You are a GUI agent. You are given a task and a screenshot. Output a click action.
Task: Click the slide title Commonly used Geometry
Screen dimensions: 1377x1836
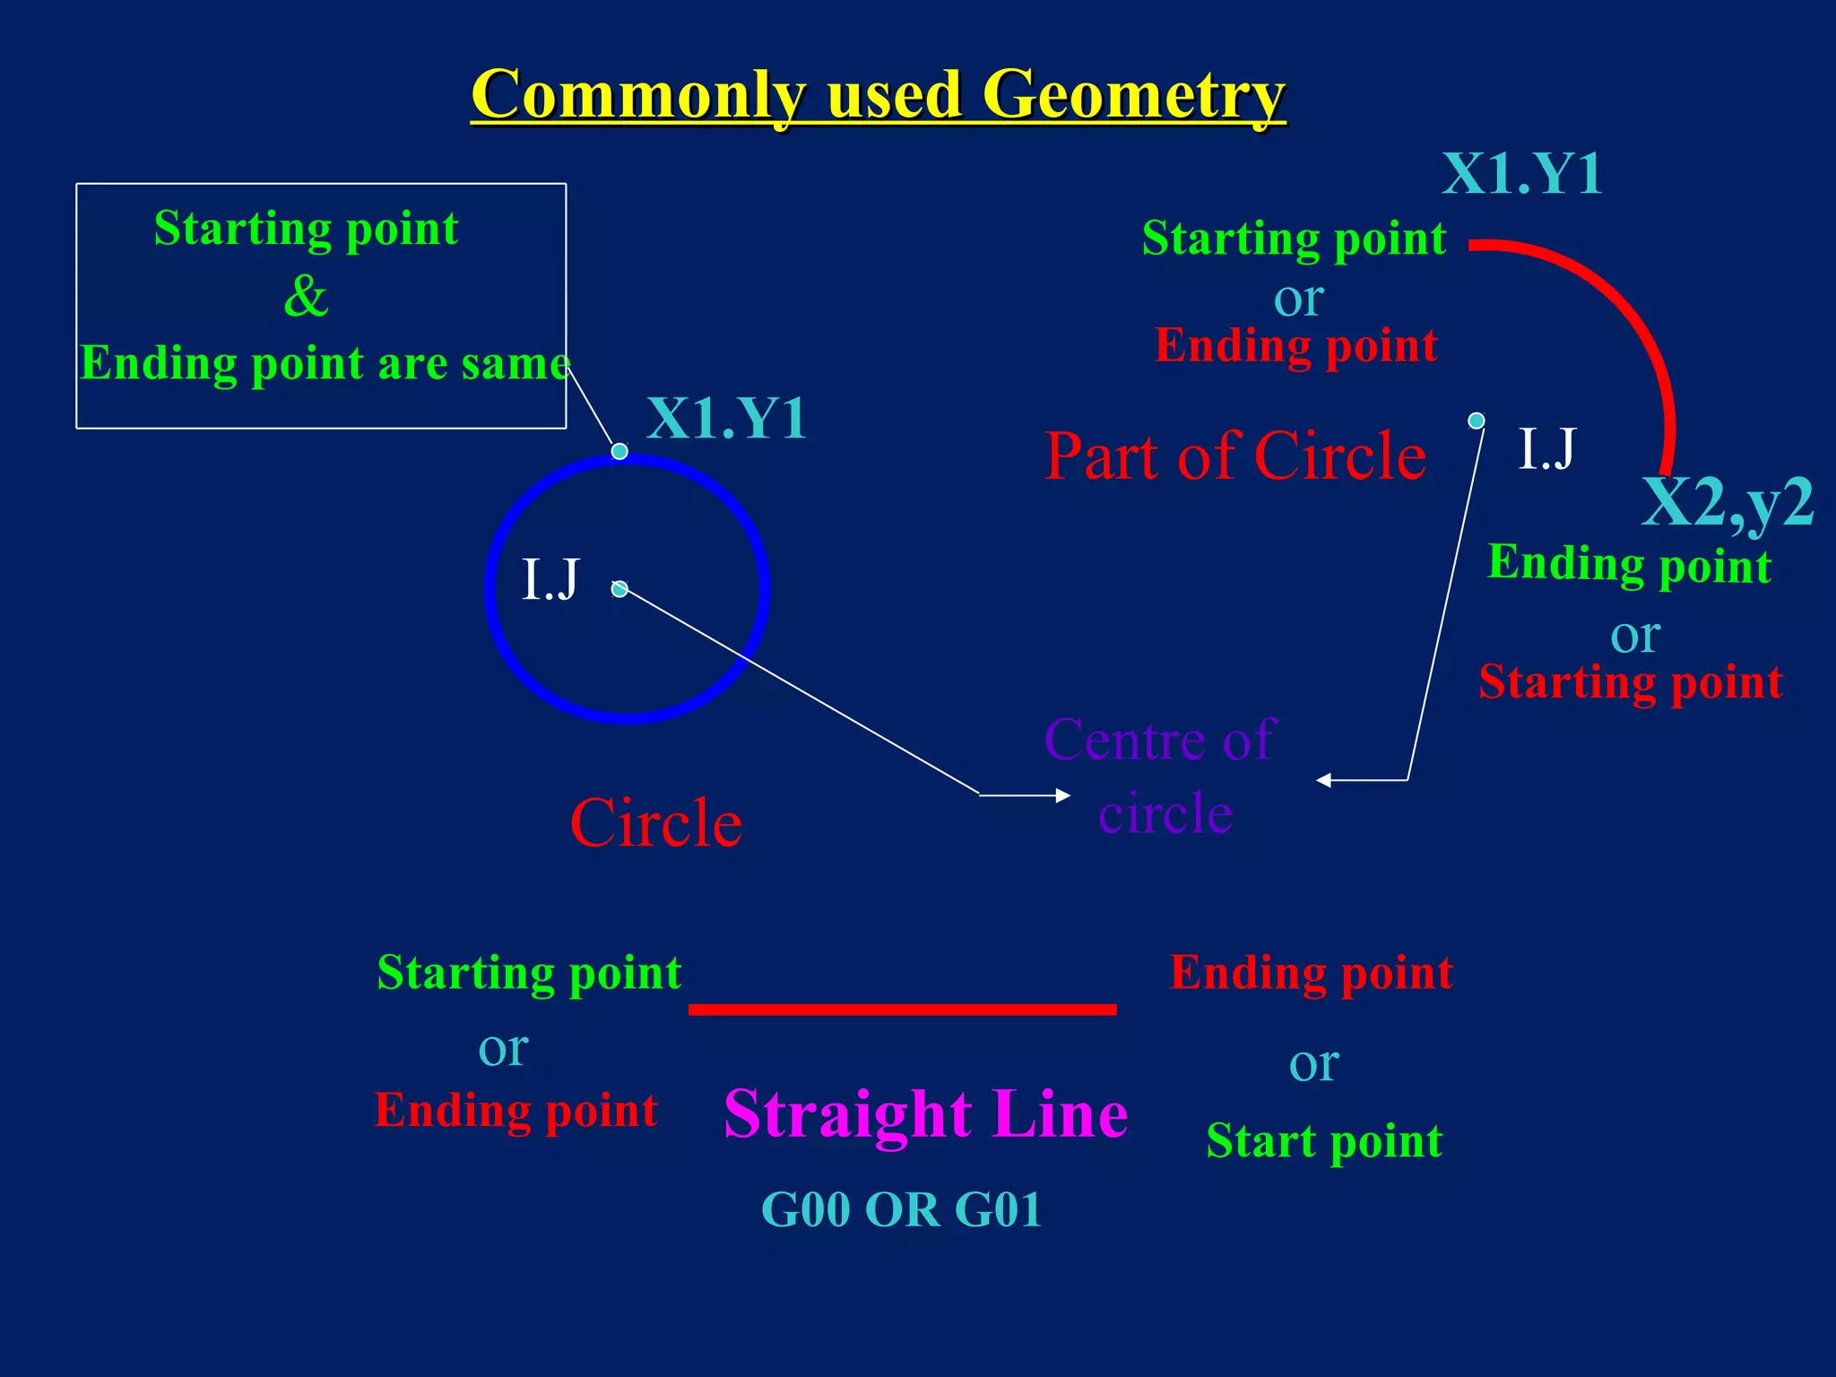coord(878,95)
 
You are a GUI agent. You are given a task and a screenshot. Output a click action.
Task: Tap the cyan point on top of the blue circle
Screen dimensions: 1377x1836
coord(619,451)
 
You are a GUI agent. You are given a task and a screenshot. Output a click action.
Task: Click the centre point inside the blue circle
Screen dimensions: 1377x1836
coord(619,589)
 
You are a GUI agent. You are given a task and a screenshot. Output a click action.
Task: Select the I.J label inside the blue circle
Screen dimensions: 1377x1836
coord(550,579)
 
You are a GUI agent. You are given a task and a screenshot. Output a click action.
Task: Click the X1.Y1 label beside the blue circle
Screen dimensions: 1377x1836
coord(726,418)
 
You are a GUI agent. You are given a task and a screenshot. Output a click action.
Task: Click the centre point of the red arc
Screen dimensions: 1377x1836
coord(1477,420)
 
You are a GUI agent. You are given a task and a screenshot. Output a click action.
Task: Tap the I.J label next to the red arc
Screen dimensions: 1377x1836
coord(1546,448)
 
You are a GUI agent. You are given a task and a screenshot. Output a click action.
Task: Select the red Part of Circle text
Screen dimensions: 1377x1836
coord(1235,456)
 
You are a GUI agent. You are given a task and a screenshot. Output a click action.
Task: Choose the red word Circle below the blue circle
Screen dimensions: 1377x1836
coord(656,823)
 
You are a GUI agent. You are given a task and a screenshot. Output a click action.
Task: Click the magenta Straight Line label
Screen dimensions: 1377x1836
coord(925,1113)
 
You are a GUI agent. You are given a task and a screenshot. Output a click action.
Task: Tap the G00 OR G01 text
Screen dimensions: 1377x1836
coord(901,1209)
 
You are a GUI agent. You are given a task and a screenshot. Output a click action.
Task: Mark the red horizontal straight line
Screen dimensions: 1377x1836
coord(902,1009)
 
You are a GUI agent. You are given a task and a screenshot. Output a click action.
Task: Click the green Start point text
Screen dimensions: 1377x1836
coord(1324,1141)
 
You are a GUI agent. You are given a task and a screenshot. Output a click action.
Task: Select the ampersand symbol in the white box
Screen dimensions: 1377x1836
coord(306,296)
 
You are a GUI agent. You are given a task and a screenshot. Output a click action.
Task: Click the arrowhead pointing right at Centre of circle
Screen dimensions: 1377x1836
coord(1062,795)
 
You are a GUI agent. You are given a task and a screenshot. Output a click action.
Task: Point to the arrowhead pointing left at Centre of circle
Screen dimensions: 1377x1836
coord(1324,780)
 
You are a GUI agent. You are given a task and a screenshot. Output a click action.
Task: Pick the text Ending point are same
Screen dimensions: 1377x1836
coord(325,363)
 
